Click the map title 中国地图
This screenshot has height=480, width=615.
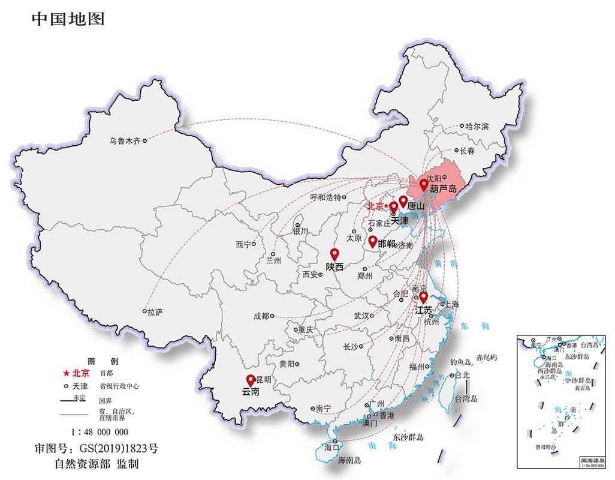tap(68, 19)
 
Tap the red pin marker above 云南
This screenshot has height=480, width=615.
tap(251, 380)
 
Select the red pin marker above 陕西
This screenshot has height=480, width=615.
tap(334, 254)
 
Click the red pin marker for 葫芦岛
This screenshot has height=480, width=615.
tap(424, 184)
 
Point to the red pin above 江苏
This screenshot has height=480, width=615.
tap(423, 297)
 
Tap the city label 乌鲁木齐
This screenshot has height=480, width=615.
tap(125, 142)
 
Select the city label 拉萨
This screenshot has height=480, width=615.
tap(155, 313)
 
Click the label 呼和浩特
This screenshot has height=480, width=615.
tap(325, 197)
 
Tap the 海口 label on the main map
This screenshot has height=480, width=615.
tap(331, 447)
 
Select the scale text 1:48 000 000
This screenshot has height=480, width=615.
tap(100, 432)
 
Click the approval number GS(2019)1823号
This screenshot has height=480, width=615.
tap(97, 448)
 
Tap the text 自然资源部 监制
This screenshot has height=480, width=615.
tap(97, 464)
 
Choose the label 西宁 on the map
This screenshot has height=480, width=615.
tap(243, 245)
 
